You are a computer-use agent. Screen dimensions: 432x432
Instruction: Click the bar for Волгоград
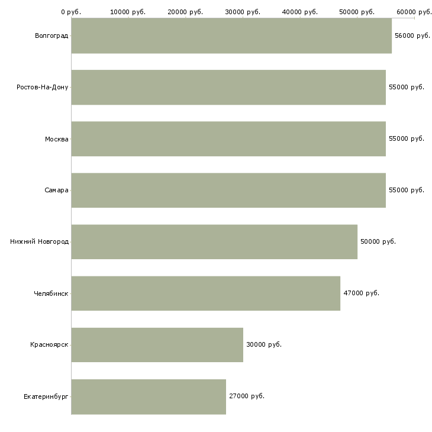231,36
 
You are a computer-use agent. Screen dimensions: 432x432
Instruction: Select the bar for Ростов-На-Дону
228,88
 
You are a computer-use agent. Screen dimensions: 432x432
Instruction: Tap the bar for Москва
228,139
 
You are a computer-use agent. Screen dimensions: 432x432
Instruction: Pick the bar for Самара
228,191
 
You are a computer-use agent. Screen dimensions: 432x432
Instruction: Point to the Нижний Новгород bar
214,242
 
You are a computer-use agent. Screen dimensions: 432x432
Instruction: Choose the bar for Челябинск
205,294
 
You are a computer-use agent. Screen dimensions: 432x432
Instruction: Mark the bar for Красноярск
157,345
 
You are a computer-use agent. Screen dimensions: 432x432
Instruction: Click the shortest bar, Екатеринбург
149,396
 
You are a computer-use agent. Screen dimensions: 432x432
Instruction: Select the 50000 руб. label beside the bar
378,242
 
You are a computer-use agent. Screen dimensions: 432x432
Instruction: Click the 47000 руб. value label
361,294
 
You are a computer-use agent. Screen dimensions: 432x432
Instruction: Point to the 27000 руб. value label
246,396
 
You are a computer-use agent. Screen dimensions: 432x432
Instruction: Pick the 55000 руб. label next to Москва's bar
406,139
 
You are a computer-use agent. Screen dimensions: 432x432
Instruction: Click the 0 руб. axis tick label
71,11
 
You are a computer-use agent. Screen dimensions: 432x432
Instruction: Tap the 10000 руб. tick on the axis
128,11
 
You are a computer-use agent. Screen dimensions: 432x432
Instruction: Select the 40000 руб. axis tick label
300,11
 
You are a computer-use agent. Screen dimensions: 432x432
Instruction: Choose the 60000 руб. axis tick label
414,11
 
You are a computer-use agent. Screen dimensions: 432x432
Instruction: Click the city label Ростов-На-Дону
43,88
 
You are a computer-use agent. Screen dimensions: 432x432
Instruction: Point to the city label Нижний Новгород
39,242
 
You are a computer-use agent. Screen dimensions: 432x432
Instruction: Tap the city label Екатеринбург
46,396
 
